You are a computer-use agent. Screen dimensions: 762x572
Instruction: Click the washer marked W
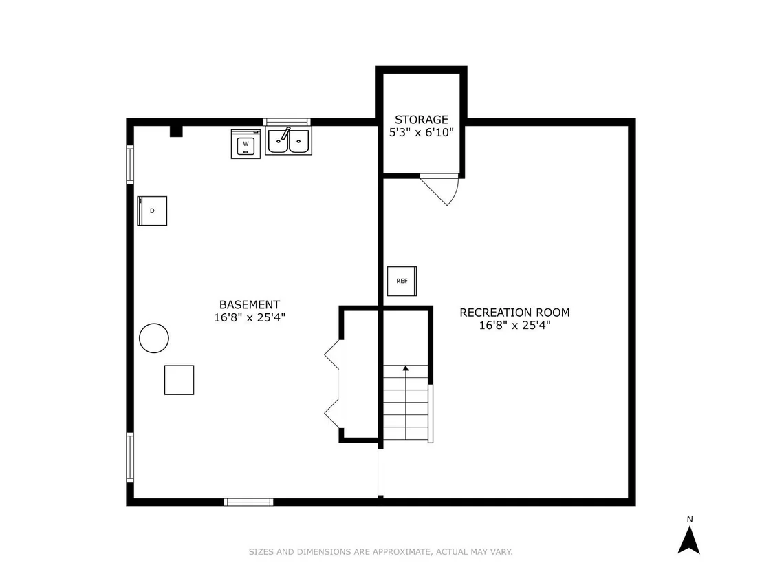(246, 143)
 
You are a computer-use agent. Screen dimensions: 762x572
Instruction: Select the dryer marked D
(152, 211)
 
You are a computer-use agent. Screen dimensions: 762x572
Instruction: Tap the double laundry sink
(288, 141)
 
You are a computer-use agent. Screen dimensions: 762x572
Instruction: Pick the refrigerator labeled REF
(402, 281)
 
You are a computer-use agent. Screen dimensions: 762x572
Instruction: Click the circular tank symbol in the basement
(154, 338)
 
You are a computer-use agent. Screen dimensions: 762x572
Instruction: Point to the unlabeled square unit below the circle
(179, 380)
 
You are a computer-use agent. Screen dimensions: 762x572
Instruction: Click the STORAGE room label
(422, 120)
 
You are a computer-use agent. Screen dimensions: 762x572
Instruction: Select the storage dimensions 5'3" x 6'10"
(422, 132)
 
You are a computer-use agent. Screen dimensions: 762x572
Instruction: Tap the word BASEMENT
(250, 305)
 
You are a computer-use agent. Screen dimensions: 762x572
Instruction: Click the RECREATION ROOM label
(514, 313)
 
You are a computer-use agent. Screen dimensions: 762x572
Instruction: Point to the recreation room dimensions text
(514, 326)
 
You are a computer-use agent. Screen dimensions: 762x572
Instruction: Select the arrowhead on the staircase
(406, 368)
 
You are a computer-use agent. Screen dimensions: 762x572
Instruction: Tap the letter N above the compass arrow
(690, 519)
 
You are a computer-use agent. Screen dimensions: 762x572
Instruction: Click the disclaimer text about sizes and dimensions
(381, 551)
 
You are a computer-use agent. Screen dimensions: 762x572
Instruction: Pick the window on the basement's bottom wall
(249, 502)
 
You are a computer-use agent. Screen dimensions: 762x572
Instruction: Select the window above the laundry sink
(287, 122)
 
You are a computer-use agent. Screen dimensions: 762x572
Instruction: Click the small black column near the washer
(176, 131)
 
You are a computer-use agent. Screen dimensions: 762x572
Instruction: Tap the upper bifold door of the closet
(332, 355)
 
